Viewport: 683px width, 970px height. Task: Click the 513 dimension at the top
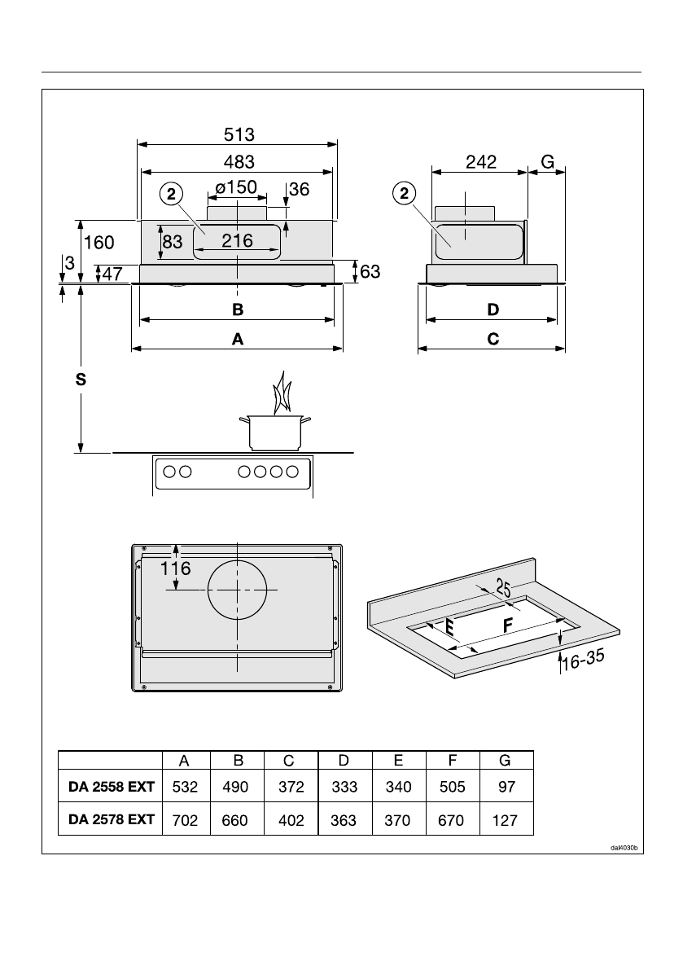[x=237, y=134]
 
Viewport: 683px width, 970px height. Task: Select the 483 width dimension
[x=237, y=161]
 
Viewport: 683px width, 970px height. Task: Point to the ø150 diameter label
[x=237, y=187]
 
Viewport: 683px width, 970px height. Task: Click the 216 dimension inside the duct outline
[x=237, y=241]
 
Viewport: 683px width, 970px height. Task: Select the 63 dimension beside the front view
[x=370, y=271]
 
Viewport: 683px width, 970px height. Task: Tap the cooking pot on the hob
[x=276, y=431]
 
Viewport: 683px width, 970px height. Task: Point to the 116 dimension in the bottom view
[x=176, y=568]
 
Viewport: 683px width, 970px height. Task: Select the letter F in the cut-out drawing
[x=508, y=626]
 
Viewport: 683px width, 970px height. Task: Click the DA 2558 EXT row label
[x=112, y=788]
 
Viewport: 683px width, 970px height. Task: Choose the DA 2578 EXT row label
[x=112, y=820]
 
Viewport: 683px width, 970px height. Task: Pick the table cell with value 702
[x=185, y=821]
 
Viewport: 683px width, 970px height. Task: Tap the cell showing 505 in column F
[x=451, y=788]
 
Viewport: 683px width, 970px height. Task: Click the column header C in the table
[x=291, y=761]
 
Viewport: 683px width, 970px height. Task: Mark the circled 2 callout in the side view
[x=403, y=193]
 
